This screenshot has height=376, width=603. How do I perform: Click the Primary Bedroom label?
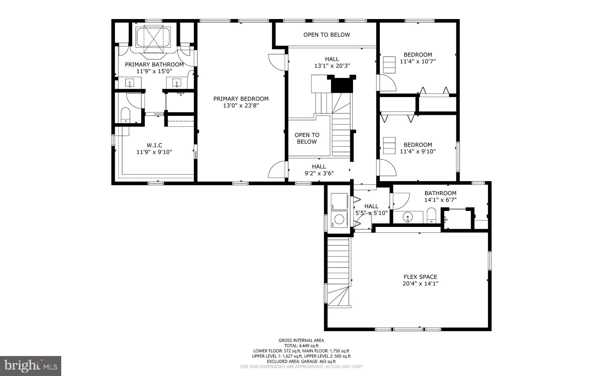pos(241,99)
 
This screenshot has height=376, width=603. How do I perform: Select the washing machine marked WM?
pos(339,219)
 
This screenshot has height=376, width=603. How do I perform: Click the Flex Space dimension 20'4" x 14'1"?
pos(420,284)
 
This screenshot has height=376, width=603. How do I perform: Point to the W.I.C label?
pos(154,145)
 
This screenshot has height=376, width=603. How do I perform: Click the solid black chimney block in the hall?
pos(342,86)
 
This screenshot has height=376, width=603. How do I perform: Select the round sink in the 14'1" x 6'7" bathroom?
pos(407,217)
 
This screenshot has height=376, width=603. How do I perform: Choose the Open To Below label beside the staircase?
pos(307,138)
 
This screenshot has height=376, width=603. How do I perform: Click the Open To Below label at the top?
pos(327,35)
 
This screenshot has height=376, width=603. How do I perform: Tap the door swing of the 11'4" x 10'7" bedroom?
pos(387,83)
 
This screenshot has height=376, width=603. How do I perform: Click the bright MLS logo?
pos(31,366)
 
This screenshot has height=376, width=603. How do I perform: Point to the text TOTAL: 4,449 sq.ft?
pos(301,346)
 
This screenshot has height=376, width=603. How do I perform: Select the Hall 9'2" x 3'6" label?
pos(319,170)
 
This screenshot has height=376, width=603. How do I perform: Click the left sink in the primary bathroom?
pos(130,83)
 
